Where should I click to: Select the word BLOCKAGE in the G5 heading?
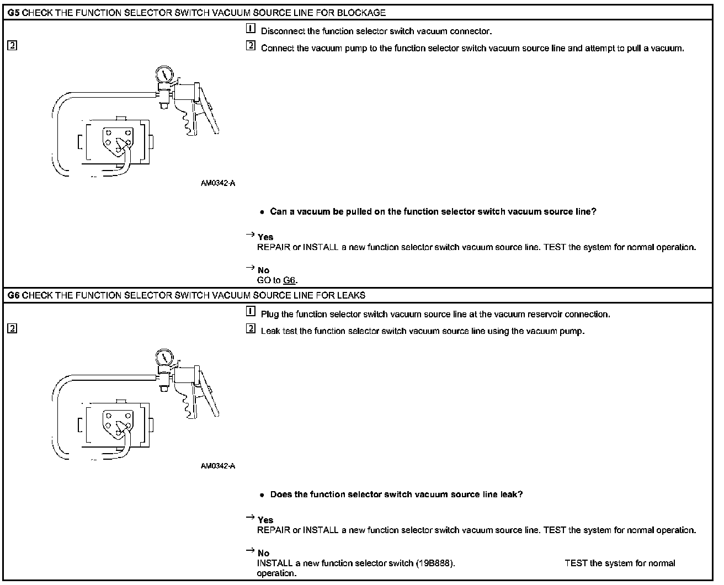[361, 13]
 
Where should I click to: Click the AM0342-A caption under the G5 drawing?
[217, 183]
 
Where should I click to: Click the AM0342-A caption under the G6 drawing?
[217, 466]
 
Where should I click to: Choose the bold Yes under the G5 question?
[265, 237]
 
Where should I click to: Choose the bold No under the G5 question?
[263, 270]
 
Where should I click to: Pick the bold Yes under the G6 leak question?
[265, 520]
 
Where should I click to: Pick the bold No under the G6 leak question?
[263, 553]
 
